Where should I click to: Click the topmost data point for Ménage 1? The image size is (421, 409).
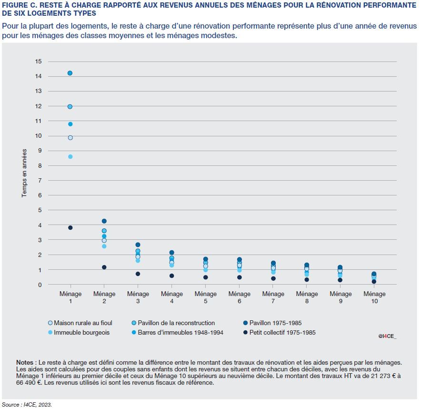(x=70, y=73)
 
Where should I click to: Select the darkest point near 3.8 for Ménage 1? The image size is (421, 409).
(x=70, y=227)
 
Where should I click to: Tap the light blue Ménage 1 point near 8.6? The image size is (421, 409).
(x=70, y=156)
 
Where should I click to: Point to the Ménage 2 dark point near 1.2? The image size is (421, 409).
(x=104, y=267)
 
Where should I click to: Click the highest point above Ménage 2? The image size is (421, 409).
(x=104, y=221)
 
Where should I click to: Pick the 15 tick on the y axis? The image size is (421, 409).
(x=39, y=61)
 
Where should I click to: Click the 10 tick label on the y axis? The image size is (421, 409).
(x=39, y=136)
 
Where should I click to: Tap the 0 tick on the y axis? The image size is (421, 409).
(x=40, y=285)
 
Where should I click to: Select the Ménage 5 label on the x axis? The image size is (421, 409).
(x=206, y=297)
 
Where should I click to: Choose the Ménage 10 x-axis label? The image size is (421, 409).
(x=374, y=297)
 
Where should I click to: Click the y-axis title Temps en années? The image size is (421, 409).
(x=24, y=173)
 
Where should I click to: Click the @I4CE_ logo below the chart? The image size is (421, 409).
(x=387, y=336)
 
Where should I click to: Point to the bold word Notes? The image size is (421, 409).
(x=25, y=362)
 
